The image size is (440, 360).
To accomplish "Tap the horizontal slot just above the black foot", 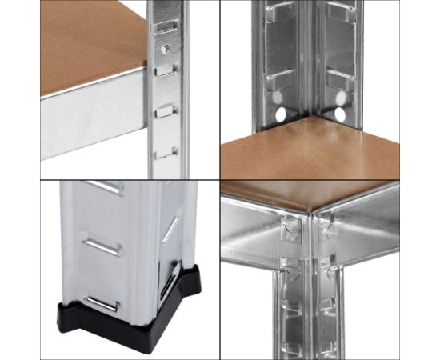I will click(102, 302).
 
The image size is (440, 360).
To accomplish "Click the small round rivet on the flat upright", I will click(165, 49).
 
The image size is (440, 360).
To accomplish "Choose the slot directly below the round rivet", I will click(164, 70).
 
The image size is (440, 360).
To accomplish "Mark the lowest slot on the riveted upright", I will click(164, 151).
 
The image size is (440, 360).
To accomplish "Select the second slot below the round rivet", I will click(164, 110).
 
